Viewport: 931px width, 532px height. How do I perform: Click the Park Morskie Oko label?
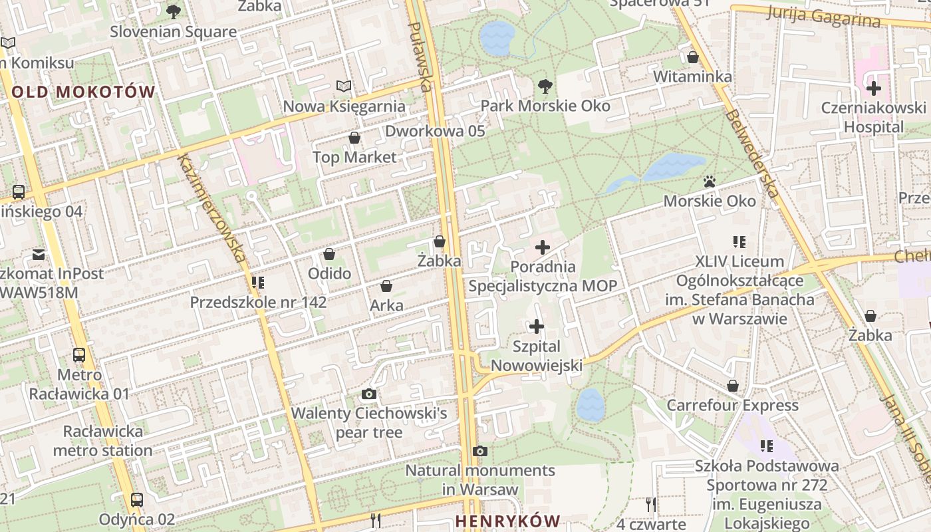pyautogui.click(x=545, y=106)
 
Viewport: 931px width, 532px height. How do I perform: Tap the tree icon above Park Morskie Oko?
pyautogui.click(x=545, y=86)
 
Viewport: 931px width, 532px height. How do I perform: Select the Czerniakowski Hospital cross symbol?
pyautogui.click(x=873, y=88)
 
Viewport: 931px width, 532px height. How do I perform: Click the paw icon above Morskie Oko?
pyautogui.click(x=710, y=181)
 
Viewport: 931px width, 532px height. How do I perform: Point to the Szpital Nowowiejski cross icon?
pyautogui.click(x=537, y=327)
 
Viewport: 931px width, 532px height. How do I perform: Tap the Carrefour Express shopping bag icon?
pyautogui.click(x=732, y=386)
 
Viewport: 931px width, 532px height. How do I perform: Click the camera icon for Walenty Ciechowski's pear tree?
pyautogui.click(x=369, y=394)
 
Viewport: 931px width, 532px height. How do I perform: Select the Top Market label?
pyautogui.click(x=354, y=158)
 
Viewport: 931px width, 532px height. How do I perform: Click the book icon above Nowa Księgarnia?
pyautogui.click(x=343, y=86)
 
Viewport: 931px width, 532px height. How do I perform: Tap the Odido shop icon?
pyautogui.click(x=329, y=254)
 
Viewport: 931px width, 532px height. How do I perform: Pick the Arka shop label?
pyautogui.click(x=386, y=305)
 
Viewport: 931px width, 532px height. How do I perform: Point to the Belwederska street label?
pyautogui.click(x=751, y=153)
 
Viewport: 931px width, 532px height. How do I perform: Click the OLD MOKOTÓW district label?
pyautogui.click(x=83, y=92)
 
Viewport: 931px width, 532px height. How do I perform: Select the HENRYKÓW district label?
pyautogui.click(x=508, y=521)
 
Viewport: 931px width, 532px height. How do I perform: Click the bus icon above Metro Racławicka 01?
pyautogui.click(x=79, y=354)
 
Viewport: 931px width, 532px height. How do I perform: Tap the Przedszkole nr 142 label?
pyautogui.click(x=258, y=303)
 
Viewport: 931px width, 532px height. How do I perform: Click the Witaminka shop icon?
pyautogui.click(x=692, y=57)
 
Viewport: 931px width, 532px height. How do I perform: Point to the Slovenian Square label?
pyautogui.click(x=173, y=31)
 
